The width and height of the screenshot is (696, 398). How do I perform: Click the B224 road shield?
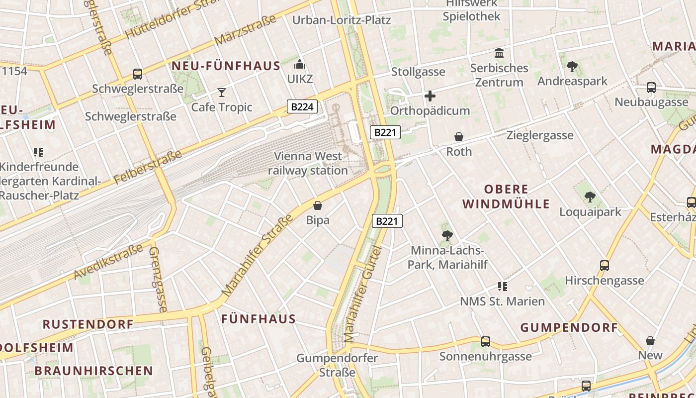(x=302, y=106)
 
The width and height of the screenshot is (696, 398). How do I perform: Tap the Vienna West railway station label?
(x=308, y=163)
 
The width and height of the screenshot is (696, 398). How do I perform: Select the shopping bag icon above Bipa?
(x=318, y=205)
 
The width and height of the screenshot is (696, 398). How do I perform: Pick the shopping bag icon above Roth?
(x=459, y=136)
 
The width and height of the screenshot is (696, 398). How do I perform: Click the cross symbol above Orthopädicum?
(x=430, y=96)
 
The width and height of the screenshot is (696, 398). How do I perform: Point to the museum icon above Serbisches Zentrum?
(x=499, y=53)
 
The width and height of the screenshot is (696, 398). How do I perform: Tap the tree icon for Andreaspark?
(x=572, y=66)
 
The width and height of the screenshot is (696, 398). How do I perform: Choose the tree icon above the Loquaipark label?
(x=590, y=197)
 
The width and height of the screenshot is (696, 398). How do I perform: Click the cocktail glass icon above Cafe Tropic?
(x=222, y=92)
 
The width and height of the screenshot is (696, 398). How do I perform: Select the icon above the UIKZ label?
(x=299, y=64)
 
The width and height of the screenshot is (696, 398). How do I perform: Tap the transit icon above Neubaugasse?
(x=651, y=88)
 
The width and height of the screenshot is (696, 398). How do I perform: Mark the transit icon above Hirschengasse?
(x=605, y=266)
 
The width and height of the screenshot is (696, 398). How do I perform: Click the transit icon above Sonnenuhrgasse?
(x=486, y=342)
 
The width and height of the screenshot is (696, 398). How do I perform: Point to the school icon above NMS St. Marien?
(x=502, y=287)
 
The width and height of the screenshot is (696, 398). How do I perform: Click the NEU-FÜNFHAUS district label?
(x=226, y=66)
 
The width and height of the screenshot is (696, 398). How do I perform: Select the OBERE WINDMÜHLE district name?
(x=506, y=197)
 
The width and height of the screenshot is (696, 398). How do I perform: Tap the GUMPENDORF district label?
(x=569, y=327)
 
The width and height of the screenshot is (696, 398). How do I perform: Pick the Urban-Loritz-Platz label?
(x=342, y=20)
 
